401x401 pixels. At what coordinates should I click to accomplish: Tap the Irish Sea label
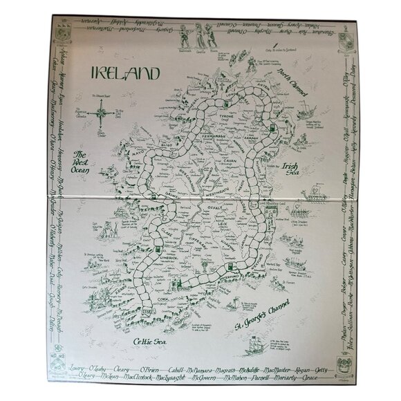click(x=293, y=170)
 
